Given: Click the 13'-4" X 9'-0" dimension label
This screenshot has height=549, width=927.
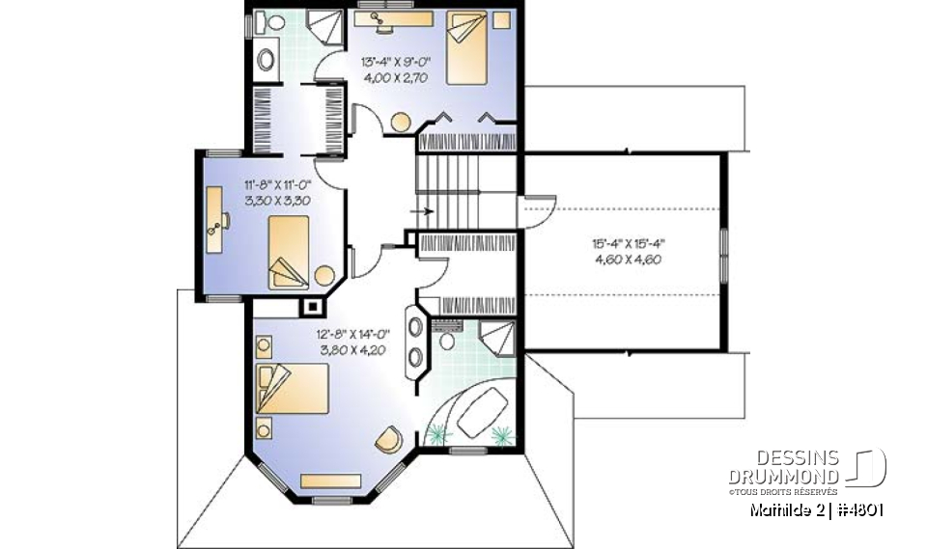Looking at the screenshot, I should pyautogui.click(x=395, y=62).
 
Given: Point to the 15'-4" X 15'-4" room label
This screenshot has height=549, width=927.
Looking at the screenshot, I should pyautogui.click(x=627, y=244).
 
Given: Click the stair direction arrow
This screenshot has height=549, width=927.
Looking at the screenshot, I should pyautogui.click(x=422, y=208).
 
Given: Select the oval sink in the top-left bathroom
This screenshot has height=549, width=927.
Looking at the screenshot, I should pyautogui.click(x=266, y=58).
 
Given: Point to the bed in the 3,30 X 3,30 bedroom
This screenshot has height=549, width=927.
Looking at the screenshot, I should pyautogui.click(x=289, y=252).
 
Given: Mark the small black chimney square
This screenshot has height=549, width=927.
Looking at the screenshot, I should pyautogui.click(x=312, y=307).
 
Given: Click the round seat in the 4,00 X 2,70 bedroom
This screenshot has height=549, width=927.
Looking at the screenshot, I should pyautogui.click(x=400, y=122).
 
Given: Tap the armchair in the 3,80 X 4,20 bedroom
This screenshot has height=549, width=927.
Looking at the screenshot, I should pyautogui.click(x=388, y=438).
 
